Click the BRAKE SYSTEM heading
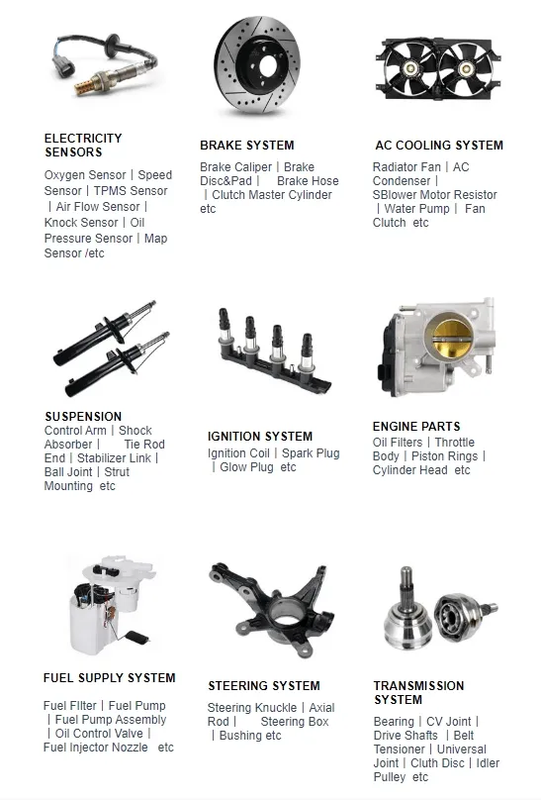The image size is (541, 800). [247, 146]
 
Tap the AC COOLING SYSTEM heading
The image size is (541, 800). [439, 146]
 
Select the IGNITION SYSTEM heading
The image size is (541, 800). [260, 437]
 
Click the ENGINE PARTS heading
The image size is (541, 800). [416, 427]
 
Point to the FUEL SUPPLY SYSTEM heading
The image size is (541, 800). [110, 678]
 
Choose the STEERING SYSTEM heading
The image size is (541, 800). [264, 686]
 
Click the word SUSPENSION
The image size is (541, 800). [83, 416]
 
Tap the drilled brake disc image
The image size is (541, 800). [257, 65]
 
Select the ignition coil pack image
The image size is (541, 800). [274, 351]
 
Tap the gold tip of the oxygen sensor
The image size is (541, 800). [87, 85]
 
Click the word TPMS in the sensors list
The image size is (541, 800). [108, 191]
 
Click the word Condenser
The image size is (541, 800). [402, 181]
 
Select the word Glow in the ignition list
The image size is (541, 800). [231, 467]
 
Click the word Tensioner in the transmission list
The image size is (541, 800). [399, 750]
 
